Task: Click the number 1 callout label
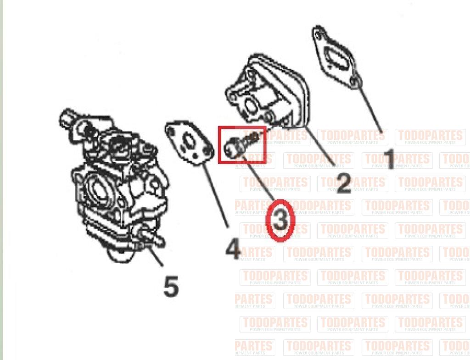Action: [x=389, y=159]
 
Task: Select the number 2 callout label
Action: [x=343, y=183]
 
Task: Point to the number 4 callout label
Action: [x=233, y=249]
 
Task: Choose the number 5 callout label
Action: [x=171, y=286]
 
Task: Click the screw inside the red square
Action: [x=242, y=144]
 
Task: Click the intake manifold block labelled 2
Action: [x=267, y=90]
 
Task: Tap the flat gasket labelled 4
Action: [x=190, y=143]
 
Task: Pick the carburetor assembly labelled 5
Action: [x=115, y=185]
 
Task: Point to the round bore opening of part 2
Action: [x=251, y=105]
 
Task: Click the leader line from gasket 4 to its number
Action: [x=216, y=193]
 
